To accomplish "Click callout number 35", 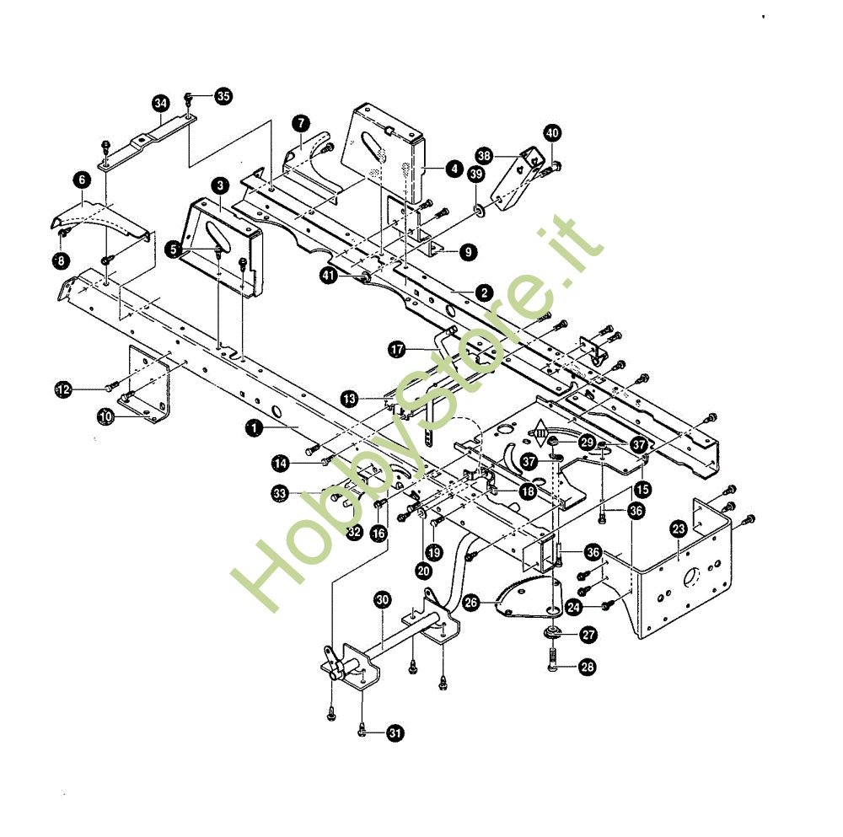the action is click(x=223, y=96).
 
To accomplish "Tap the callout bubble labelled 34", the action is click(x=161, y=103).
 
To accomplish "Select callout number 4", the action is click(x=454, y=169).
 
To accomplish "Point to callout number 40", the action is click(x=552, y=133).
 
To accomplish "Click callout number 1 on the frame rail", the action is click(x=253, y=428).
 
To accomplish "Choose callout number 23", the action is click(x=679, y=529).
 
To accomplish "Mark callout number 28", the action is click(x=588, y=667).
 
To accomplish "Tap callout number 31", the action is click(x=395, y=732).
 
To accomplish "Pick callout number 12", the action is click(x=63, y=389).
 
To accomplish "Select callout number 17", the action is click(x=397, y=350).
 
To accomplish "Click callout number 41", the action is click(x=329, y=276).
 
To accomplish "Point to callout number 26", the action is click(x=471, y=602).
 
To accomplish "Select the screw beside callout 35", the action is click(x=189, y=98).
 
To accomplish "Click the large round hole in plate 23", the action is click(x=690, y=577).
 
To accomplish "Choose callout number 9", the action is click(x=468, y=251).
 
